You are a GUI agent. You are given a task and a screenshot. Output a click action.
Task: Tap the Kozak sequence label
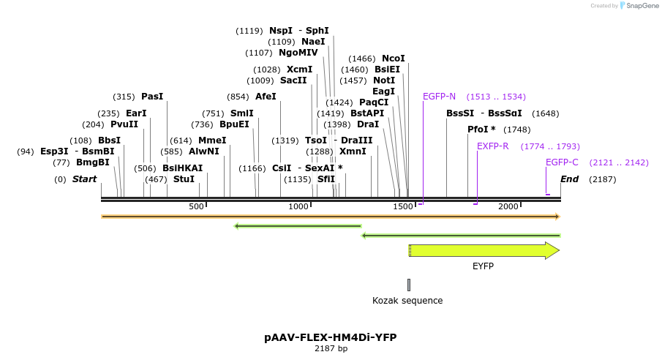pyautogui.click(x=407, y=301)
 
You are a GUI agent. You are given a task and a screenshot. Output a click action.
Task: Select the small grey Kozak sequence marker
pyautogui.click(x=409, y=285)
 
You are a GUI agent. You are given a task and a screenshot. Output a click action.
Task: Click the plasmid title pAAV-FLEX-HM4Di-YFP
pyautogui.click(x=331, y=337)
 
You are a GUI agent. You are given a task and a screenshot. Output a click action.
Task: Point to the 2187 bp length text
pyautogui.click(x=331, y=349)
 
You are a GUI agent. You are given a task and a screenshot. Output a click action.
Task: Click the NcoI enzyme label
pyautogui.click(x=393, y=59)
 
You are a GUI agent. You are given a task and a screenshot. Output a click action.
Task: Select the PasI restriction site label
pyautogui.click(x=152, y=97)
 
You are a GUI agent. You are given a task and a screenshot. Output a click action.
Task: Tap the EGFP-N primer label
pyautogui.click(x=439, y=97)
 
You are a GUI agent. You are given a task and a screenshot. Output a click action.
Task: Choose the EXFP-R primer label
pyautogui.click(x=492, y=146)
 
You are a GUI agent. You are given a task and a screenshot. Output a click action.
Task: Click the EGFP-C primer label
pyautogui.click(x=562, y=162)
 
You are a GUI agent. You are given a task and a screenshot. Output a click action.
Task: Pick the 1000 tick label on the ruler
pyautogui.click(x=300, y=207)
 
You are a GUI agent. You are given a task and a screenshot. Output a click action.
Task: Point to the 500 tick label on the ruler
pyautogui.click(x=196, y=207)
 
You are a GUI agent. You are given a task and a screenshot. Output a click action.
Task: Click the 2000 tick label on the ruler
pyautogui.click(x=508, y=207)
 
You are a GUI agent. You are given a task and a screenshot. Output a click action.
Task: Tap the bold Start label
pyautogui.click(x=84, y=179)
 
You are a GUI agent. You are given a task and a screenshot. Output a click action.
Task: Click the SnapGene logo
pyautogui.click(x=639, y=6)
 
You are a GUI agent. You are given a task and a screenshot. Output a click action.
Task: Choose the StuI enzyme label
pyautogui.click(x=184, y=179)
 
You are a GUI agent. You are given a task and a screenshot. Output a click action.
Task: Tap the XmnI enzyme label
pyautogui.click(x=353, y=151)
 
